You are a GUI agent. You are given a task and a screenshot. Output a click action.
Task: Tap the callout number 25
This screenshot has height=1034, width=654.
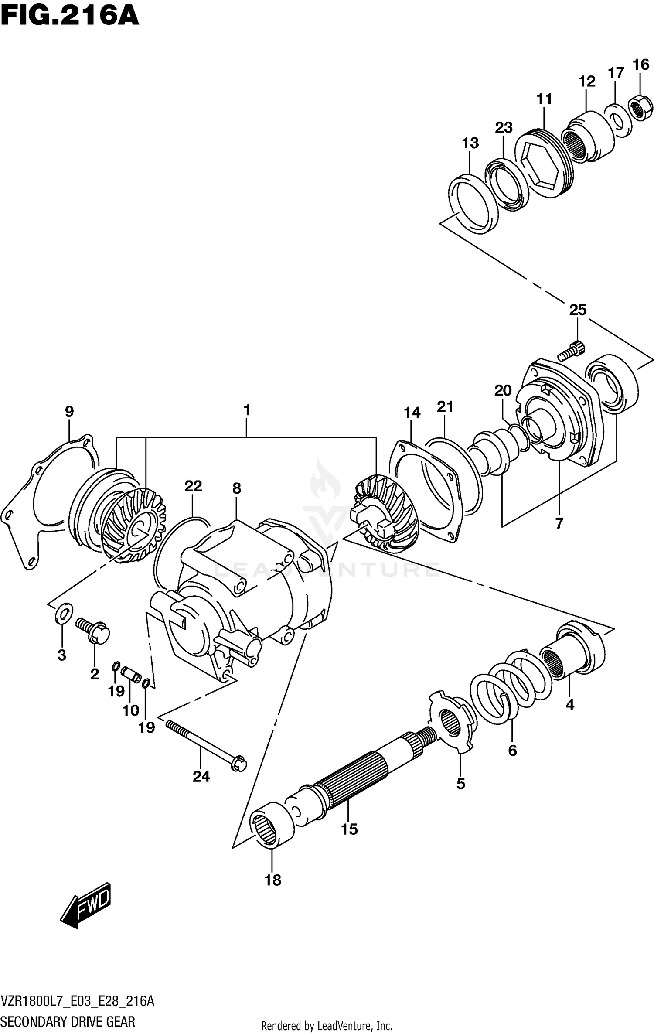tap(577, 310)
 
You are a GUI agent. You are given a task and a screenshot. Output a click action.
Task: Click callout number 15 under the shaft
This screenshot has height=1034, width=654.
tap(349, 829)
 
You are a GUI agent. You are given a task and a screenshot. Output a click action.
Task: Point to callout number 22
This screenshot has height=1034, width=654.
tap(193, 486)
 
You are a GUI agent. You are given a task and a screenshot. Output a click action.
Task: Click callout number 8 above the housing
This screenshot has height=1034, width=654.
tap(236, 488)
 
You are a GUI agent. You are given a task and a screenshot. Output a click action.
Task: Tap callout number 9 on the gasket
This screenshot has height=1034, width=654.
tap(69, 411)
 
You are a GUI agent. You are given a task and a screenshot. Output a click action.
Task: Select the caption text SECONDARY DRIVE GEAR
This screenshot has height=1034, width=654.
tap(68, 1022)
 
